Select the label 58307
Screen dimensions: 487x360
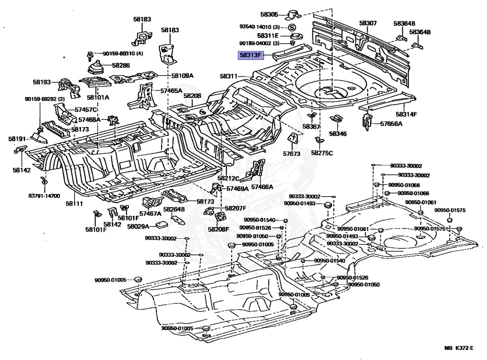pos(368,23)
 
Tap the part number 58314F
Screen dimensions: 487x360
pos(406,114)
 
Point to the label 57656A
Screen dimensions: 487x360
pos(391,124)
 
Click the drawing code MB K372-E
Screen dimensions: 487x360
pos(459,348)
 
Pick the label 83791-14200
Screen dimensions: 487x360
pos(44,195)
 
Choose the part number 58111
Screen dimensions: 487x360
pos(74,204)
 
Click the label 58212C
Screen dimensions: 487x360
pos(228,178)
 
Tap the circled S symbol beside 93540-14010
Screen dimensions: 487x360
pos(292,27)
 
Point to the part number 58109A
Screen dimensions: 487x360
pos(182,76)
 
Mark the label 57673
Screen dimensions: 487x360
pos(292,154)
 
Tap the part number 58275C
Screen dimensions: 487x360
pos(322,153)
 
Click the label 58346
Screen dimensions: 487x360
pos(338,134)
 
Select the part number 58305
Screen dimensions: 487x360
pos(269,14)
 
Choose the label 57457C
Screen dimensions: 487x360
pos(86,109)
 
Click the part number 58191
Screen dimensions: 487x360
pos(17,139)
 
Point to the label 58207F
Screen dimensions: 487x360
pos(235,208)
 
